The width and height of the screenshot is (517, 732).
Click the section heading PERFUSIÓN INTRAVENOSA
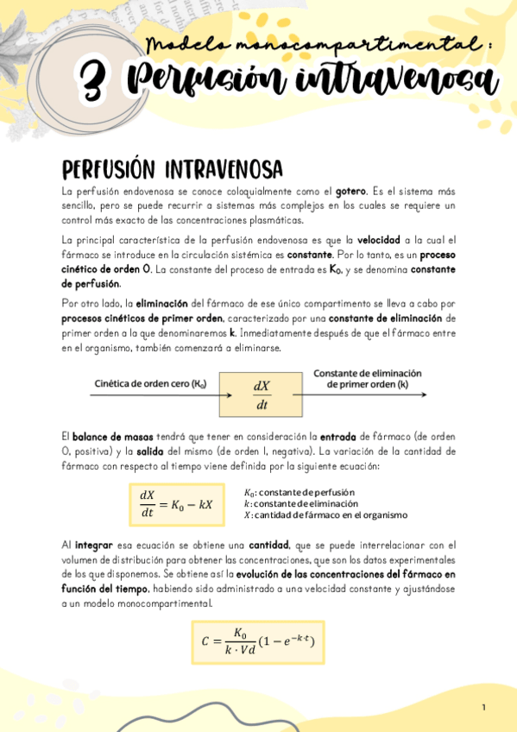coord(173,167)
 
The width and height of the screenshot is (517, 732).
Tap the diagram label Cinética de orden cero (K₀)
coord(150,383)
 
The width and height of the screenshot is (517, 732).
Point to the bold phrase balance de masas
coord(112,438)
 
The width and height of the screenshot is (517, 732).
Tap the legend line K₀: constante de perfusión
coord(299,492)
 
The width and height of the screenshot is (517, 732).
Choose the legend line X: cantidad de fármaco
coord(325,514)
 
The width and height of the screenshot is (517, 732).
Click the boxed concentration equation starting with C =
coord(256,641)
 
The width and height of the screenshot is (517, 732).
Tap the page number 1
coord(484,708)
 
